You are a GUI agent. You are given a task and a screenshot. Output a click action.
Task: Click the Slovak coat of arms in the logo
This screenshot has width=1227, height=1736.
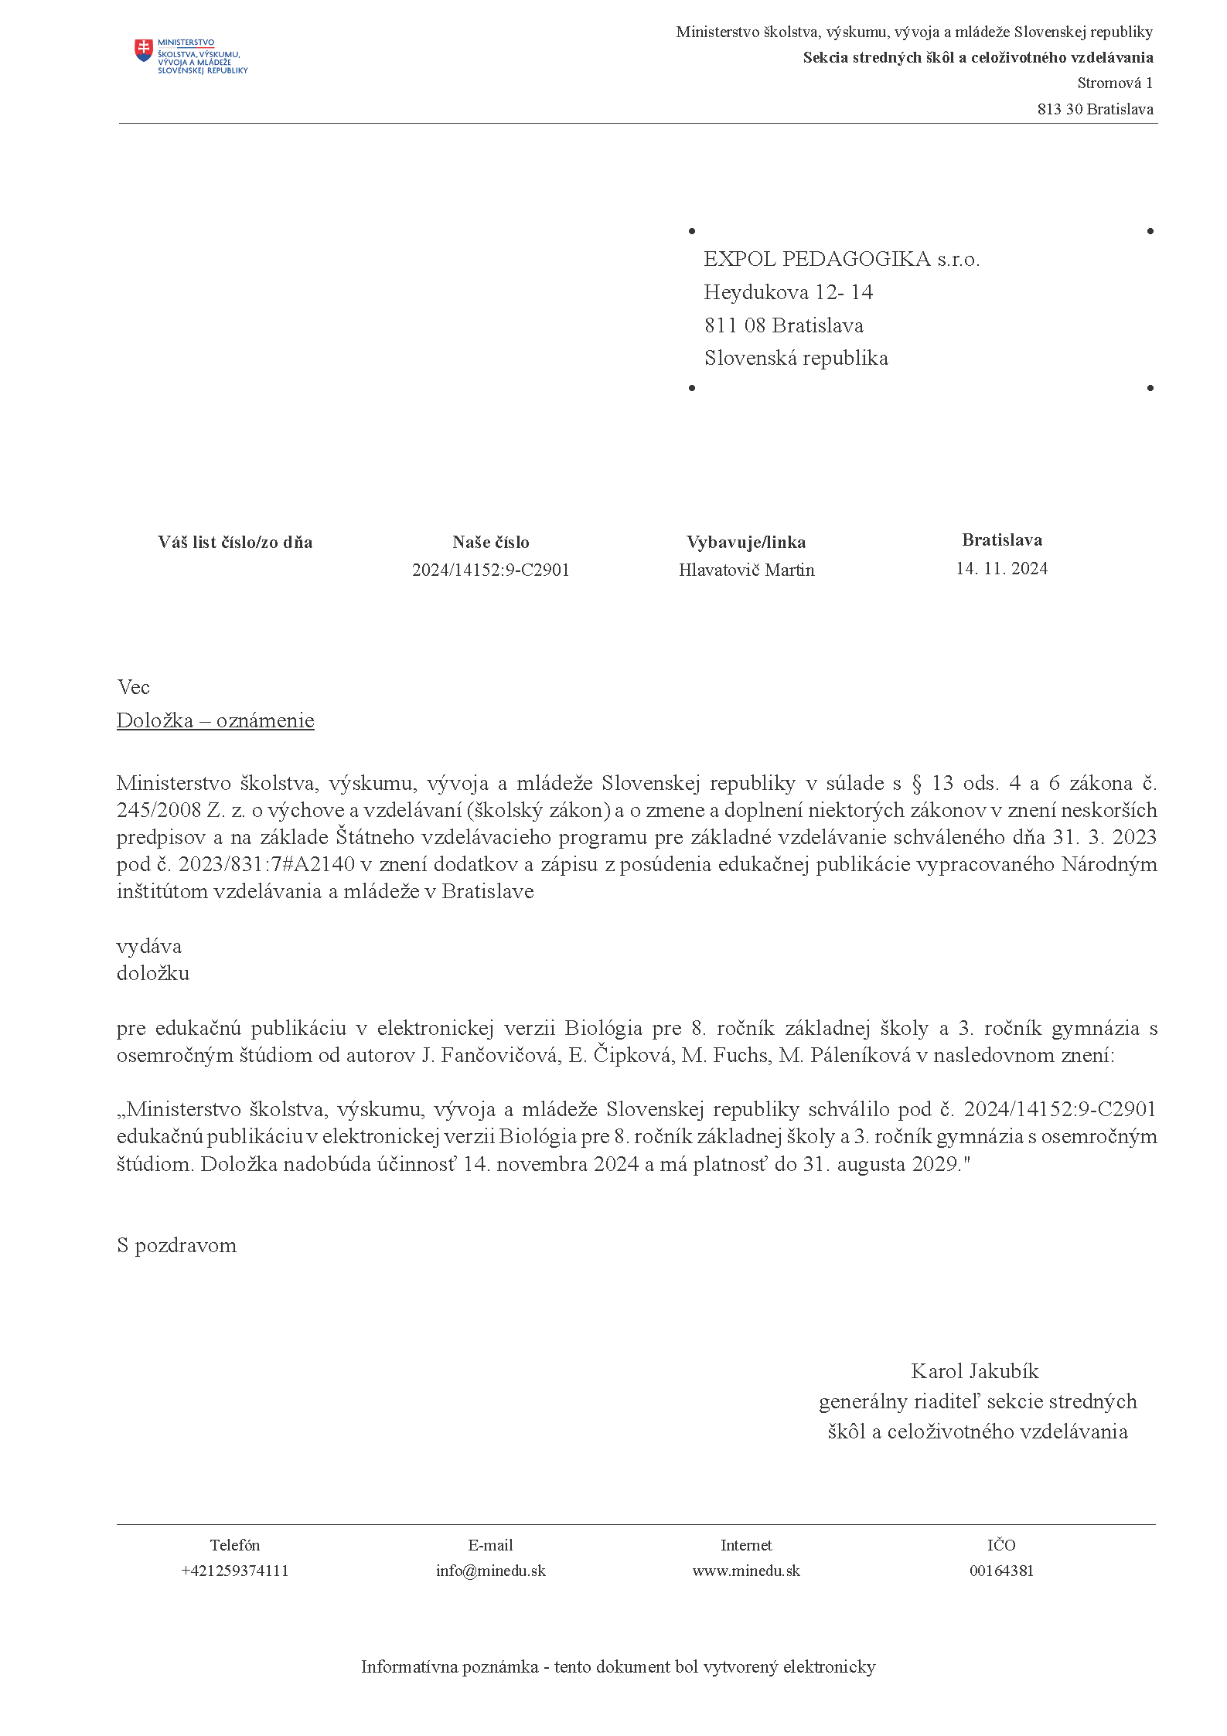click(x=144, y=51)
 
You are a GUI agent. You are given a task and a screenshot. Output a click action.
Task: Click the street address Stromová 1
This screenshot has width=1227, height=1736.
click(x=1114, y=83)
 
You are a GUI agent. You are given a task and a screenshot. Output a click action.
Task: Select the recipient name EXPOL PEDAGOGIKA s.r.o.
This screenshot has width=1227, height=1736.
click(x=841, y=260)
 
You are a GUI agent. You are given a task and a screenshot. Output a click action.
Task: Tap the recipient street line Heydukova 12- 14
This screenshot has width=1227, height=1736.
click(x=788, y=293)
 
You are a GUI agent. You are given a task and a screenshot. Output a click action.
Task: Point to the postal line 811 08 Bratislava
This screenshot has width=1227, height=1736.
click(x=783, y=326)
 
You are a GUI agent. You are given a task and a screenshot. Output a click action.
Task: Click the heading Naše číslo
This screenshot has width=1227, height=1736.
click(x=491, y=543)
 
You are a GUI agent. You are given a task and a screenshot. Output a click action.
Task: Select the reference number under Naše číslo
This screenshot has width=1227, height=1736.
click(x=491, y=570)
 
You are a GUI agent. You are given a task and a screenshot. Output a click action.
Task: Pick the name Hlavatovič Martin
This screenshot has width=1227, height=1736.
click(x=746, y=570)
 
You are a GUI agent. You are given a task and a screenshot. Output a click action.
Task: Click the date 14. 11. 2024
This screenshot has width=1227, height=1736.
click(x=1001, y=569)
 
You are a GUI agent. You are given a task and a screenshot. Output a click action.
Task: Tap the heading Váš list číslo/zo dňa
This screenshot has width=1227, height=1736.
click(x=235, y=543)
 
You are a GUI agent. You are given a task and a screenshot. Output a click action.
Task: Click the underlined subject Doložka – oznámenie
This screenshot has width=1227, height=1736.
click(x=215, y=720)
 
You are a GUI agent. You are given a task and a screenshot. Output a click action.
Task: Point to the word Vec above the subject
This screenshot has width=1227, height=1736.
click(x=133, y=687)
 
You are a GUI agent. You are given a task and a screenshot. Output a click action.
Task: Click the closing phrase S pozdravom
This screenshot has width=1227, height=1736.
click(x=176, y=1245)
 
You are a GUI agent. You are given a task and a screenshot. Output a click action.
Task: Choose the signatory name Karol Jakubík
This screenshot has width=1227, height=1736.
click(x=974, y=1371)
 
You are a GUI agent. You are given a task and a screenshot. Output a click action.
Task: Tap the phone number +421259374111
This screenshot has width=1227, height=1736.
click(x=234, y=1571)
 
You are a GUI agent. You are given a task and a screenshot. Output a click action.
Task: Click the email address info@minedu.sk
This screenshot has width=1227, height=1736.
click(x=490, y=1571)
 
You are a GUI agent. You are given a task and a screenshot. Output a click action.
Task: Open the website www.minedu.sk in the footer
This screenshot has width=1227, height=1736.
click(x=746, y=1571)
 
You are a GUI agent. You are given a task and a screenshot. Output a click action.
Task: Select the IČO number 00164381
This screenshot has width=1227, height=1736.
click(x=1001, y=1571)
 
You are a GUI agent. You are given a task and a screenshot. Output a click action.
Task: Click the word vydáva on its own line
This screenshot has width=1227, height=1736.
click(x=149, y=946)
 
